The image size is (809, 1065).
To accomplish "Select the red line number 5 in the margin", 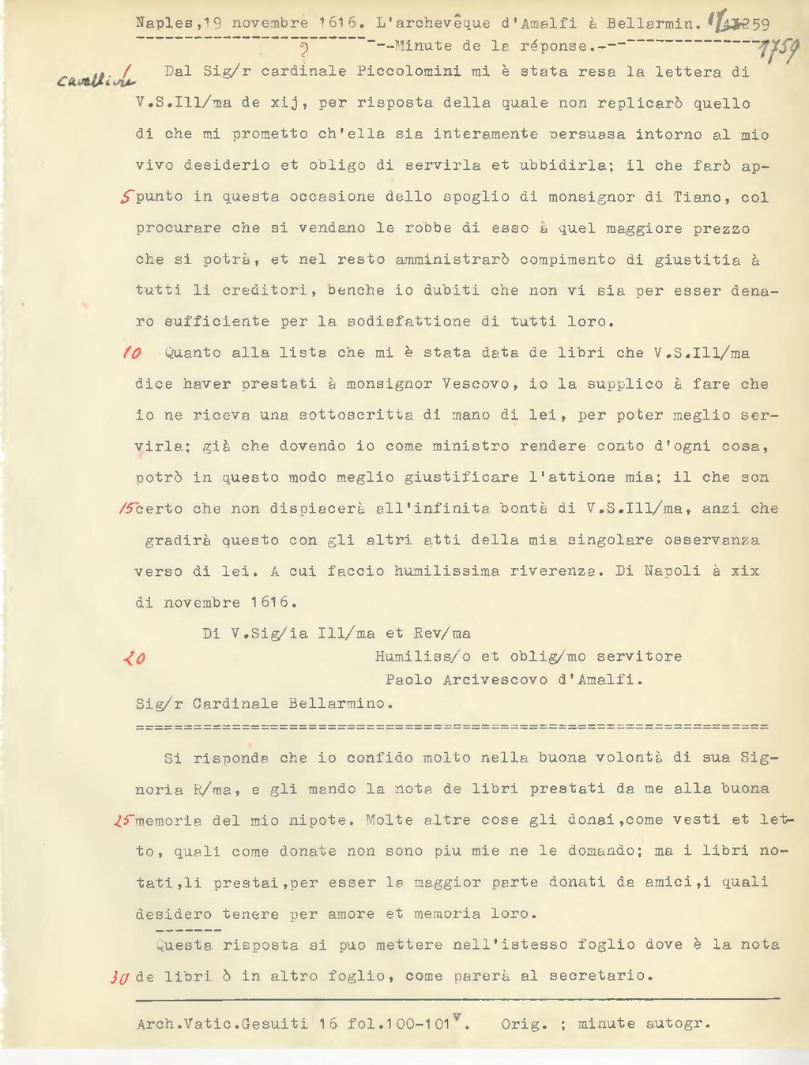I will pos(126,198).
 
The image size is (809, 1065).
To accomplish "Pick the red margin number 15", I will pos(126,509).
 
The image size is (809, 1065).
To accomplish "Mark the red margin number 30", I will pos(119,977).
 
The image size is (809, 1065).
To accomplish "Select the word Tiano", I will pos(697,197).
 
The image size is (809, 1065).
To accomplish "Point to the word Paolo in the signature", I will pos(408,679).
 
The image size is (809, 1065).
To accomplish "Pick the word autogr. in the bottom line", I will pos(679,1024).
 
